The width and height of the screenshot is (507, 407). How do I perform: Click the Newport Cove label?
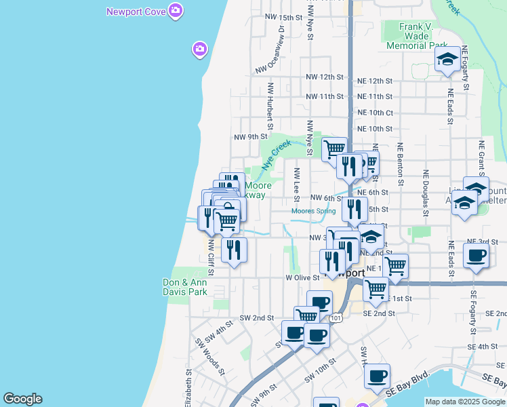137,12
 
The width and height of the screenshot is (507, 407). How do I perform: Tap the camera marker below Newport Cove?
200,50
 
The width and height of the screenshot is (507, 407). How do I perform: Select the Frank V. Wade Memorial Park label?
415,36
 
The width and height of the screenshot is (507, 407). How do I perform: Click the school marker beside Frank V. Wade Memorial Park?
447,60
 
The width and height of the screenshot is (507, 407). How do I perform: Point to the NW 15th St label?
283,17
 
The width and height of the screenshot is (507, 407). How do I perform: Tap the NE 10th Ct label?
375,113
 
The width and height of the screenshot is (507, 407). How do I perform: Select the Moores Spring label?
313,211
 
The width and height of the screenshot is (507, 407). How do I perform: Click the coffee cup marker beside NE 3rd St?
476,256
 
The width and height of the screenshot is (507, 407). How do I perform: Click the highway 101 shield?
336,317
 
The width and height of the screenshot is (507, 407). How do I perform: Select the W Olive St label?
302,277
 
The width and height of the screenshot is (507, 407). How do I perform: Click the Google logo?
22,399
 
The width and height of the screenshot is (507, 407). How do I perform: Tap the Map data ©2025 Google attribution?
465,402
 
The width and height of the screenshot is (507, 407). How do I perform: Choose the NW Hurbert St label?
270,106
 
